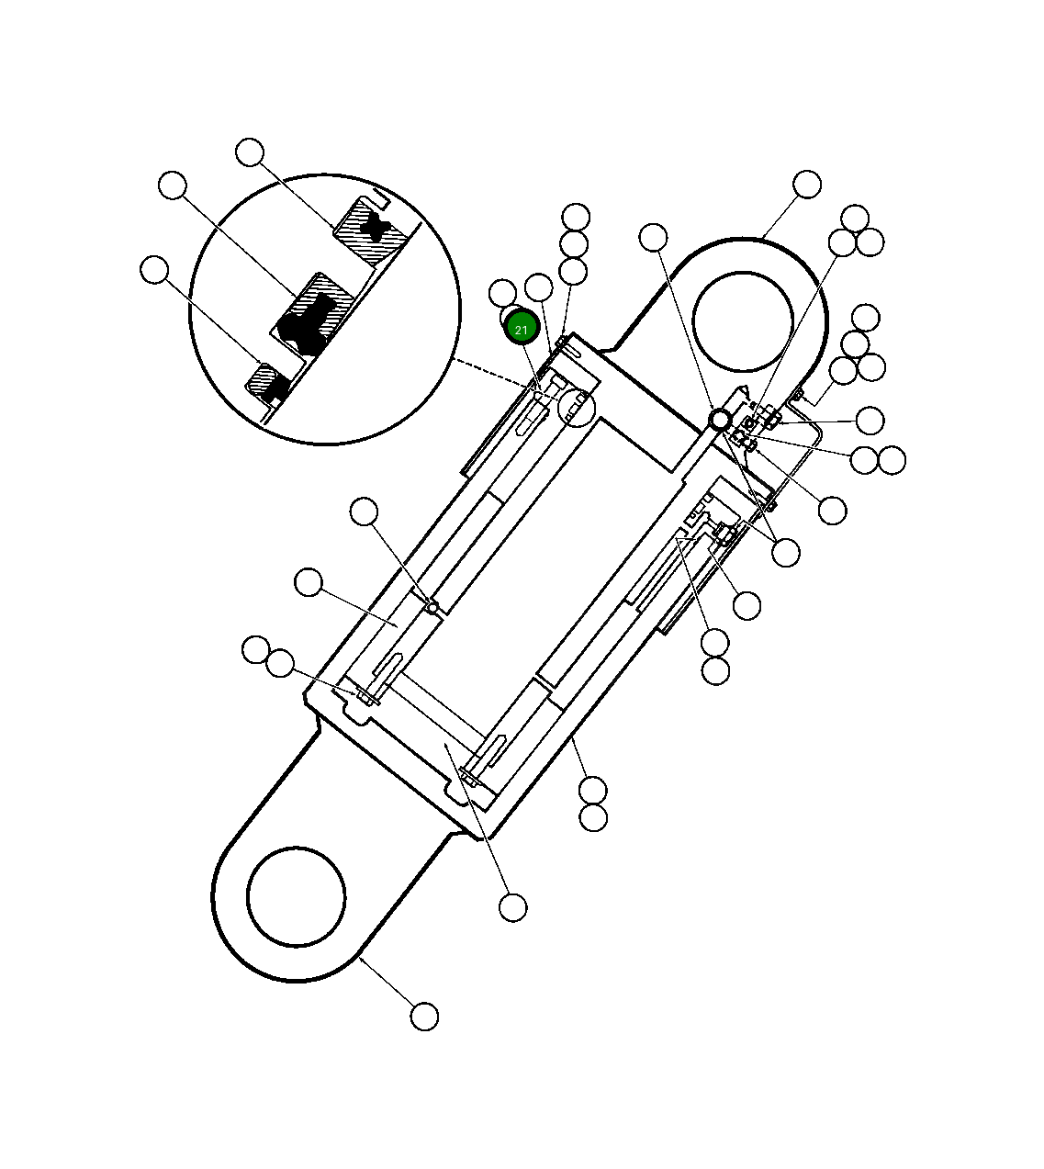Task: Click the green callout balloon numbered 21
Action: [x=522, y=329]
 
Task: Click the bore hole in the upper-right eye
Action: [x=743, y=321]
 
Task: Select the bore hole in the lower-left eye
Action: [x=296, y=896]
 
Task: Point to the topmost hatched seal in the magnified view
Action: [x=373, y=230]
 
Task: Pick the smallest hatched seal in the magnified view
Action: [x=267, y=383]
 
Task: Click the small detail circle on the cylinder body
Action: [x=576, y=408]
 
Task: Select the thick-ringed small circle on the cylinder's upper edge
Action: [x=719, y=420]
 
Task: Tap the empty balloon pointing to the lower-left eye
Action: [x=424, y=1032]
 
